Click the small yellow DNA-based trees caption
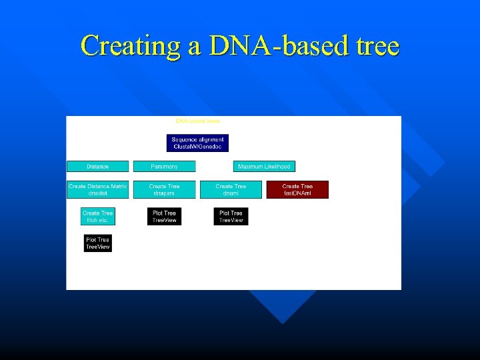point(197,121)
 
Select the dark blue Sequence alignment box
point(197,143)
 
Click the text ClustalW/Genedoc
point(197,146)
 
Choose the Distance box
point(97,166)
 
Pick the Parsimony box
point(164,166)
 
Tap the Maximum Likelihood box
point(264,166)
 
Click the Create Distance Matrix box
point(97,189)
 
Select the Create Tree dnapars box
point(164,189)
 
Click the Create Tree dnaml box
point(231,189)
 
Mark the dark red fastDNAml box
point(297,189)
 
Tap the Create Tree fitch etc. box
point(97,216)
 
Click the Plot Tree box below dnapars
point(164,216)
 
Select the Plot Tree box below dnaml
point(231,216)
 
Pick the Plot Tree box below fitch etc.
point(97,243)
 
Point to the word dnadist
point(97,193)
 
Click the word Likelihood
point(277,166)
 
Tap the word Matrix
point(117,186)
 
